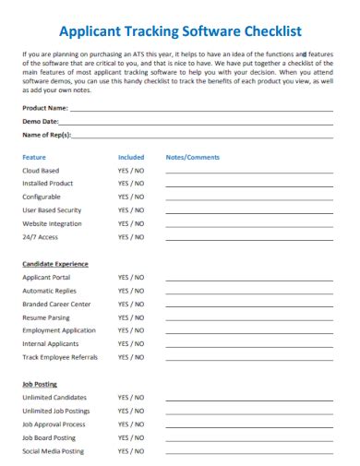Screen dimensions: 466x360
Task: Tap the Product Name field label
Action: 45,108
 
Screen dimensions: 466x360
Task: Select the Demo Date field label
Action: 41,121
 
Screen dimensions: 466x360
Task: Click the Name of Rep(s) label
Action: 47,135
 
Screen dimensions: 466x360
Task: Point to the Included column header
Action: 131,157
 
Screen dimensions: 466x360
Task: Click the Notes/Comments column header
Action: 192,157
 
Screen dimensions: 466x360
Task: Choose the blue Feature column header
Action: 34,157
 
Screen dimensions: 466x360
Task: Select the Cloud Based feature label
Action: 41,171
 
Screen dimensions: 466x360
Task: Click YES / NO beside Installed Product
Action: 131,184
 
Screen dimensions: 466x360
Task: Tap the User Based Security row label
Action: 52,210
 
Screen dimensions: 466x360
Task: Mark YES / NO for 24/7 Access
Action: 131,237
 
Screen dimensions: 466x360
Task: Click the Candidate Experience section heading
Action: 55,264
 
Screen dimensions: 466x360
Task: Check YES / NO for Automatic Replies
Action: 131,291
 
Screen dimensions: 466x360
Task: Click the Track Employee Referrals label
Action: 59,356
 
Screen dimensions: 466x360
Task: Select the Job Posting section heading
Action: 39,383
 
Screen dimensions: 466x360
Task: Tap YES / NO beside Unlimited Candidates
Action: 131,397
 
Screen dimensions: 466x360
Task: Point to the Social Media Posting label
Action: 53,451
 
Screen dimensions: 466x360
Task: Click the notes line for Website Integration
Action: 246,226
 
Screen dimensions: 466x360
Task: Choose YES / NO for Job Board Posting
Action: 131,437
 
